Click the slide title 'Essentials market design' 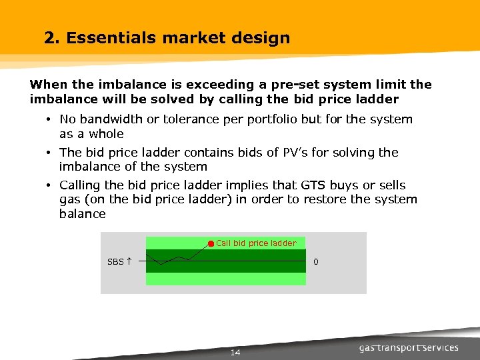(x=177, y=38)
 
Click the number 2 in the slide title (x=49, y=38)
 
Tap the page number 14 (x=235, y=353)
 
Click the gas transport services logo (x=409, y=347)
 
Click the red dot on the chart (x=211, y=243)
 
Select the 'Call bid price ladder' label (x=256, y=243)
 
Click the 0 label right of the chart (x=316, y=262)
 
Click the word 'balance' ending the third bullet (x=82, y=214)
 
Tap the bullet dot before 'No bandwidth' (x=50, y=120)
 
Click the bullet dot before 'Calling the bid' (x=50, y=186)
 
